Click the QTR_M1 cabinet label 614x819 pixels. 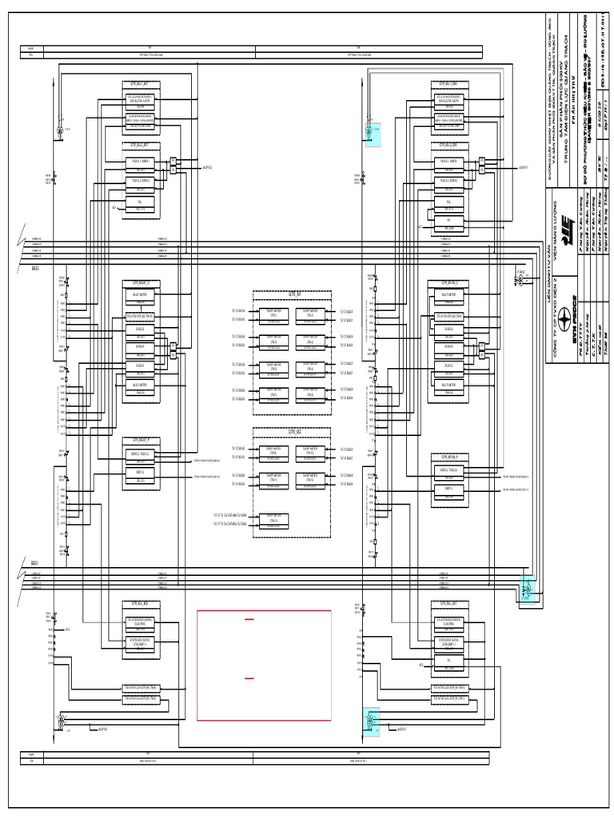291,294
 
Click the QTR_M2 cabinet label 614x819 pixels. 291,430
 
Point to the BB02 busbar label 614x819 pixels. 35,269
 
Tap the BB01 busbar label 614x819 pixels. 35,564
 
